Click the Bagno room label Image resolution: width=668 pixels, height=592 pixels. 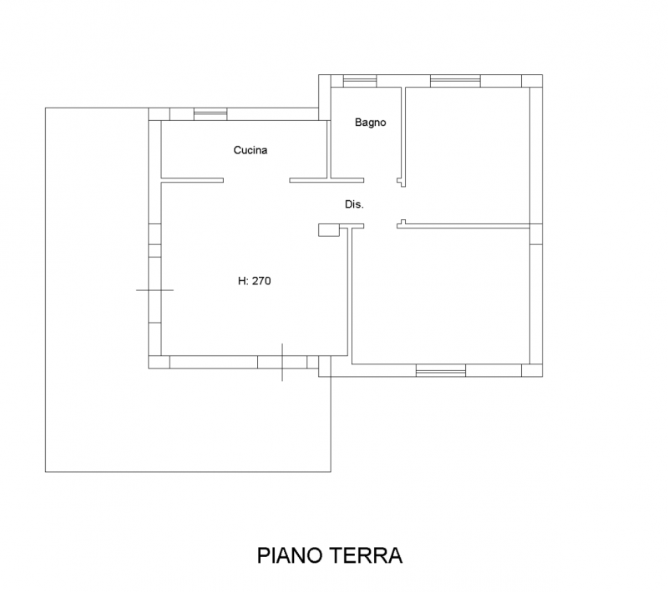pos(370,123)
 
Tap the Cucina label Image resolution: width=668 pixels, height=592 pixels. pos(250,150)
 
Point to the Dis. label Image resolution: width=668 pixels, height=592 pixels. pos(354,204)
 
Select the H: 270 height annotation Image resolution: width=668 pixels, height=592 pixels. pos(255,281)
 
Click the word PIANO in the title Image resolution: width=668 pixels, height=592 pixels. pos(290,555)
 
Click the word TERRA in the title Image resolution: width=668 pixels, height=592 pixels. pos(366,555)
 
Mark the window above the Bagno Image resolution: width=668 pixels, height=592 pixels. pos(360,81)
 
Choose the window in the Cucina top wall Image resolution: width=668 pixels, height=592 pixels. pos(210,114)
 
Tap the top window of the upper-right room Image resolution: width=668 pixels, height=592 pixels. pos(455,81)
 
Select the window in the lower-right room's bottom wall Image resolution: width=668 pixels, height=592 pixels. pos(441,370)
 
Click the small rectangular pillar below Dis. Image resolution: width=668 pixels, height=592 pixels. pos(329,230)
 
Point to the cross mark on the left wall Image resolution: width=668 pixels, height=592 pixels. pos(154,290)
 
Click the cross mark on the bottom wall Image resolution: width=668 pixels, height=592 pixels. pos(282,363)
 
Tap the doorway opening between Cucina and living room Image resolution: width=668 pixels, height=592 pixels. pos(256,180)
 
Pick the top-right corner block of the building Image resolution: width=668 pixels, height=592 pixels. pos(532,81)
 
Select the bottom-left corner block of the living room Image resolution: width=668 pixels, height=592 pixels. pos(159,362)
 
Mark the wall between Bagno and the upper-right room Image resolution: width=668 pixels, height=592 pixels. pos(403,137)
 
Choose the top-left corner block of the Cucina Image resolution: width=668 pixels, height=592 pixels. pos(159,114)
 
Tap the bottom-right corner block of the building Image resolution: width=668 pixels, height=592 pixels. pos(532,370)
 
